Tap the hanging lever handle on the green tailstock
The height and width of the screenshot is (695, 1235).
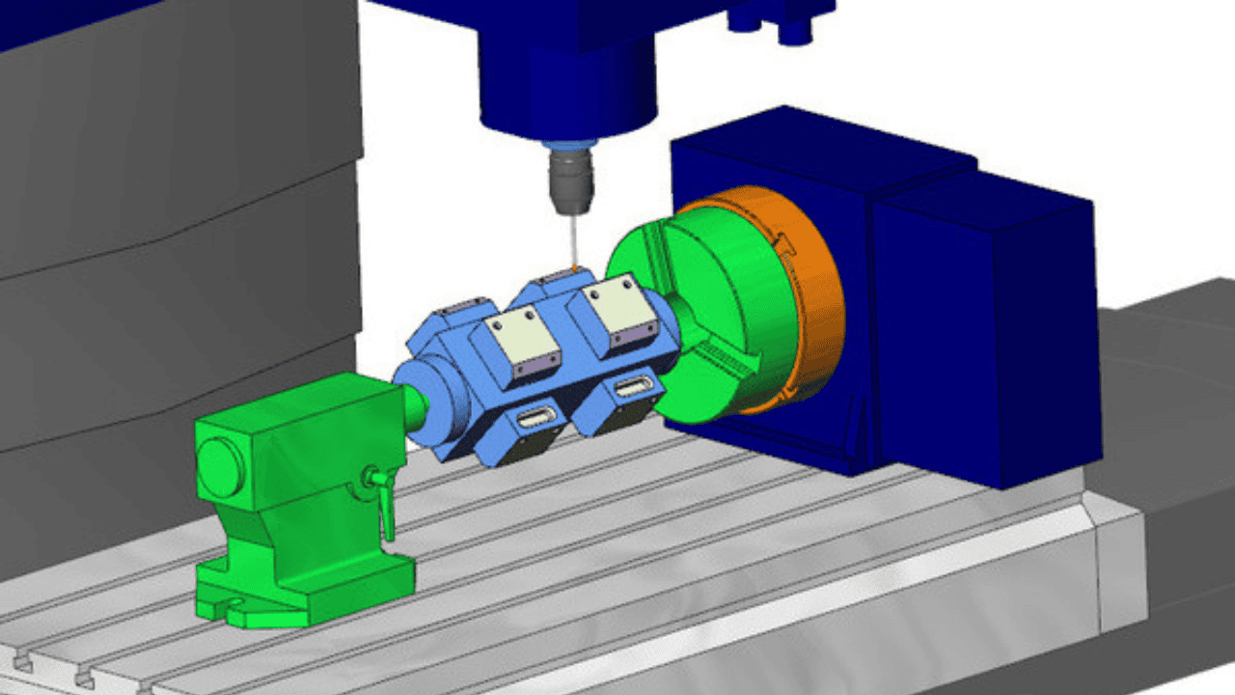387,507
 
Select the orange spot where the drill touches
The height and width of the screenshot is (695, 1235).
575,267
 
